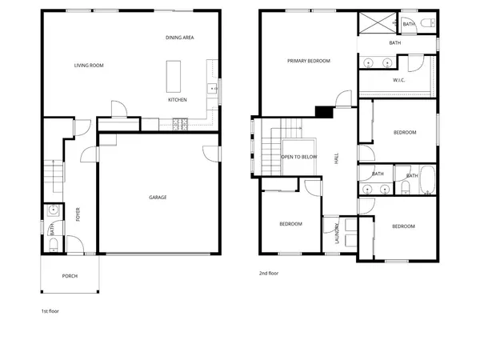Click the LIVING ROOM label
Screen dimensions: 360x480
click(90, 66)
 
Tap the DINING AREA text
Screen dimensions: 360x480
click(180, 38)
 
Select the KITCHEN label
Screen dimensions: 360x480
click(178, 100)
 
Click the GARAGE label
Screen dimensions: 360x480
click(158, 197)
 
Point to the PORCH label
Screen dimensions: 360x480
click(70, 276)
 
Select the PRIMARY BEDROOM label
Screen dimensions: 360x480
click(310, 61)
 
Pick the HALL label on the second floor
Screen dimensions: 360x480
click(337, 160)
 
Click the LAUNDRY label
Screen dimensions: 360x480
click(338, 233)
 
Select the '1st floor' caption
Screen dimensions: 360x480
click(50, 310)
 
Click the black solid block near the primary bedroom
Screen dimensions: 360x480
click(323, 112)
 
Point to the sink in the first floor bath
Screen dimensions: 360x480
click(52, 211)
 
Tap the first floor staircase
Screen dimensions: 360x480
click(53, 170)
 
